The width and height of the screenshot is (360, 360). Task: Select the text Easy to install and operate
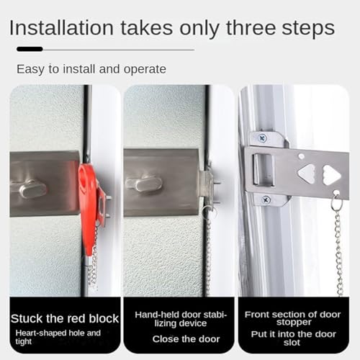tap(91, 69)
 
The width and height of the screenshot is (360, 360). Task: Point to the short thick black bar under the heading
tap(30, 49)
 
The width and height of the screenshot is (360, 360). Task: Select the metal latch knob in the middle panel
tap(146, 184)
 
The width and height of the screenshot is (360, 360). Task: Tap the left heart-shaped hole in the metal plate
tap(307, 173)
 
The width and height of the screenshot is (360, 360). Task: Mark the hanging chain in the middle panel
tap(208, 252)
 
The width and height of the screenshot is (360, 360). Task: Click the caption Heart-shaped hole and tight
tap(59, 338)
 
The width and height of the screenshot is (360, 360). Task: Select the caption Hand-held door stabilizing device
tap(179, 319)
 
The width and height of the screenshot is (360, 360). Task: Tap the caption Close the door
tap(179, 339)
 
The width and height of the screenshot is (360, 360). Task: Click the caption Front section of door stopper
tap(294, 318)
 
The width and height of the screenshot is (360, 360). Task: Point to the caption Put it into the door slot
tap(294, 338)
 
